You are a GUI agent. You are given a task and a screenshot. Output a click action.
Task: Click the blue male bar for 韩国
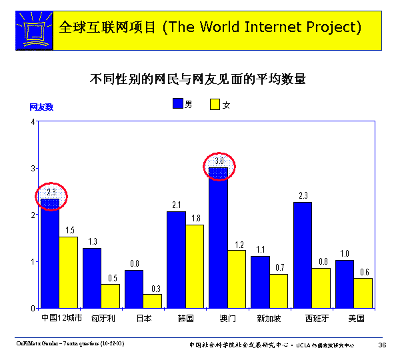click(x=176, y=259)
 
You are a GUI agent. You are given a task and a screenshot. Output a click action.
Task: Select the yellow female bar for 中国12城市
click(x=68, y=272)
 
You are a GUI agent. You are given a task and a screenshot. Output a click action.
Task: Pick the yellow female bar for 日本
click(x=152, y=301)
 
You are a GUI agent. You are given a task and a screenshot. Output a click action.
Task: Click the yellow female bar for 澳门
click(x=237, y=279)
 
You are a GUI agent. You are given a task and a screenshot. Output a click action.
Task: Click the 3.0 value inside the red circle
click(x=219, y=161)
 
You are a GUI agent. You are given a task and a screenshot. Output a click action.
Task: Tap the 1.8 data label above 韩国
click(x=195, y=218)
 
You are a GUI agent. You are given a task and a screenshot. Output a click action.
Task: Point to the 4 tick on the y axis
click(x=33, y=122)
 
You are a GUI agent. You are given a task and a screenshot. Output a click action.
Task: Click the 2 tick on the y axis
click(x=33, y=215)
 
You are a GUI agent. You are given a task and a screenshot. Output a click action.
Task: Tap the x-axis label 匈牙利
click(x=101, y=318)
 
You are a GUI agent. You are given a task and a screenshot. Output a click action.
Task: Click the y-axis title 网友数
click(x=41, y=107)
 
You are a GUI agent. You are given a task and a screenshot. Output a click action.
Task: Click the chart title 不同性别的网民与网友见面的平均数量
click(x=198, y=79)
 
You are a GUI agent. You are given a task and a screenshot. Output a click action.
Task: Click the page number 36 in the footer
click(x=382, y=345)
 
